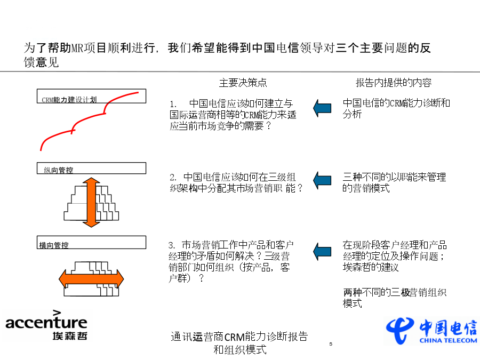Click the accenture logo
click(x=46, y=325)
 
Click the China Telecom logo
click(x=431, y=331)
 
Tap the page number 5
click(x=331, y=344)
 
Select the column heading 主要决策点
click(x=243, y=83)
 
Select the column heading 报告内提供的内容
click(x=394, y=83)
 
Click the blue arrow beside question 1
click(x=322, y=108)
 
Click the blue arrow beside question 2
click(x=322, y=180)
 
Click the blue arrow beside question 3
click(x=322, y=251)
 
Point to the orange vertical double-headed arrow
click(x=91, y=202)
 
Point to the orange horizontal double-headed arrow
click(x=91, y=279)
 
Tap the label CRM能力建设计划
click(x=69, y=100)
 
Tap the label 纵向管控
click(x=59, y=170)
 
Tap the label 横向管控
click(x=54, y=245)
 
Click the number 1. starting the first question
click(x=173, y=104)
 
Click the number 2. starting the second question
click(x=173, y=177)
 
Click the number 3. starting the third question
click(x=171, y=245)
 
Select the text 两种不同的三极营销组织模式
click(x=395, y=298)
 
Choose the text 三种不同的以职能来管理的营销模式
click(x=394, y=182)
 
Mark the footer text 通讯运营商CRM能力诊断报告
click(x=239, y=337)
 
